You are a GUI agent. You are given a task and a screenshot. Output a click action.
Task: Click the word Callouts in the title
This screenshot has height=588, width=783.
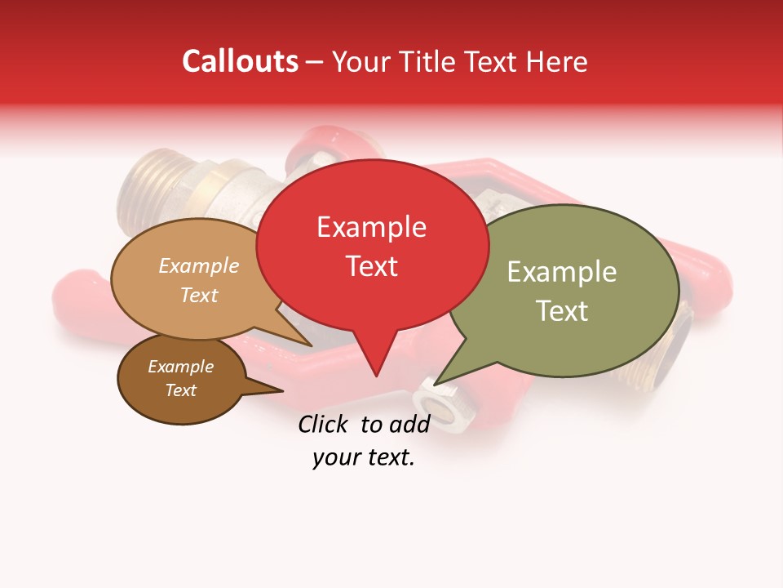(x=240, y=61)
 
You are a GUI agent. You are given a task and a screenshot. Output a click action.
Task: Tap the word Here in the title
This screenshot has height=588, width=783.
(x=556, y=62)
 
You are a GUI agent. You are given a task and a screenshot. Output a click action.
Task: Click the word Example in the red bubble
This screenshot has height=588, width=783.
(x=371, y=227)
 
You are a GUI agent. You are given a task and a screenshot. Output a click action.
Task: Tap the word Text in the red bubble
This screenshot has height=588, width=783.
(x=372, y=266)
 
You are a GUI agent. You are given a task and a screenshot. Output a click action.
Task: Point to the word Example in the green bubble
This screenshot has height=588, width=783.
(x=562, y=272)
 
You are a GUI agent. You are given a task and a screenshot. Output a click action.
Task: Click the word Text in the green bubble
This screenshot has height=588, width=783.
(x=562, y=310)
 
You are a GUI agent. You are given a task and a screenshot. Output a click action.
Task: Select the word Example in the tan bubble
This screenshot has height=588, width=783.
(x=198, y=266)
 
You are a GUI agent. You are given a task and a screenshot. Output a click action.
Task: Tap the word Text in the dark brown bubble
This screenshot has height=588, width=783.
(x=180, y=390)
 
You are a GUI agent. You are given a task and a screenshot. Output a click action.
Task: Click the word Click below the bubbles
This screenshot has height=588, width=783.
(x=325, y=424)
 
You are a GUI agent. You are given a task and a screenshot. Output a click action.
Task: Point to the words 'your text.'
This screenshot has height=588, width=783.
(x=363, y=458)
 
